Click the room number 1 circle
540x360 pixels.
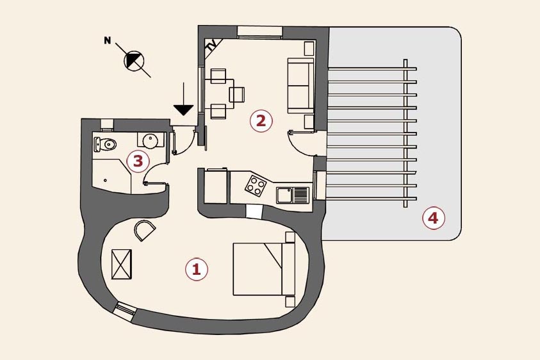tap(197, 269)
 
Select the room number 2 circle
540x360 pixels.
tap(261, 120)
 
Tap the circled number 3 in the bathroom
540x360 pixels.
tap(138, 161)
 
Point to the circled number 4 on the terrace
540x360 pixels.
tap(433, 218)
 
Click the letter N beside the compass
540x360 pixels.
tap(108, 41)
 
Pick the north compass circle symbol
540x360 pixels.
tap(135, 61)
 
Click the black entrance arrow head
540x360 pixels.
tap(183, 110)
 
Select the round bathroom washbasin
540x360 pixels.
tap(151, 140)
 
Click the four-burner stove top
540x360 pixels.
tap(256, 186)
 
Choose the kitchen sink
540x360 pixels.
tap(293, 194)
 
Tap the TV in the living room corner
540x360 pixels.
tap(213, 45)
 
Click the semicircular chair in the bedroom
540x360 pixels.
tap(143, 229)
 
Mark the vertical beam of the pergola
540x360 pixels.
tap(405, 133)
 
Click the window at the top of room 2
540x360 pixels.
tap(259, 32)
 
